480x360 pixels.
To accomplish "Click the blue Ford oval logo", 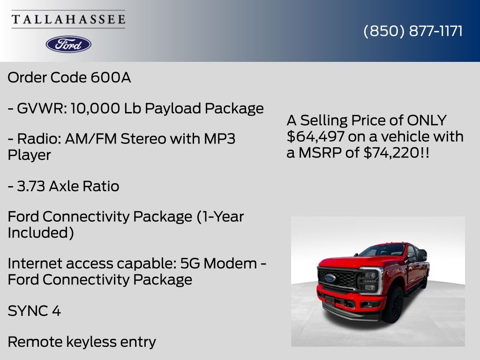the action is [x=68, y=45].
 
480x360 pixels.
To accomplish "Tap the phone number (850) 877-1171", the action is [x=413, y=31].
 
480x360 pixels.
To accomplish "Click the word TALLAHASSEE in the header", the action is [x=68, y=19].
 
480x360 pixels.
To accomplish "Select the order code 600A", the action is [x=111, y=77].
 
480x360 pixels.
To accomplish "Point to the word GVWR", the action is [x=42, y=108].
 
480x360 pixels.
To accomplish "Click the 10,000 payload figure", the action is [x=95, y=108].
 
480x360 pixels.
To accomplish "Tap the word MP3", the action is [x=219, y=139].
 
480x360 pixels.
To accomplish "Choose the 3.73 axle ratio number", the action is [x=31, y=186].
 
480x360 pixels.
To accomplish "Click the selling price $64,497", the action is [x=315, y=136].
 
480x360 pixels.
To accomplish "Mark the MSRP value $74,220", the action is [x=391, y=152].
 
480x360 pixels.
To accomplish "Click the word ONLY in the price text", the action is [x=427, y=120].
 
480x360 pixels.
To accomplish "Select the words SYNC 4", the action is [x=34, y=311].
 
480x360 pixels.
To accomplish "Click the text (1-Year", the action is [x=220, y=217].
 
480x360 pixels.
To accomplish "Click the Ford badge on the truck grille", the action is [x=330, y=278].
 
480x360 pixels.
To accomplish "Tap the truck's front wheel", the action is [x=393, y=305].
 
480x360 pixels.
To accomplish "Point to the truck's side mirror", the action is [x=421, y=255].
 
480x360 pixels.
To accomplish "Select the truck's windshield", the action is [x=382, y=250].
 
